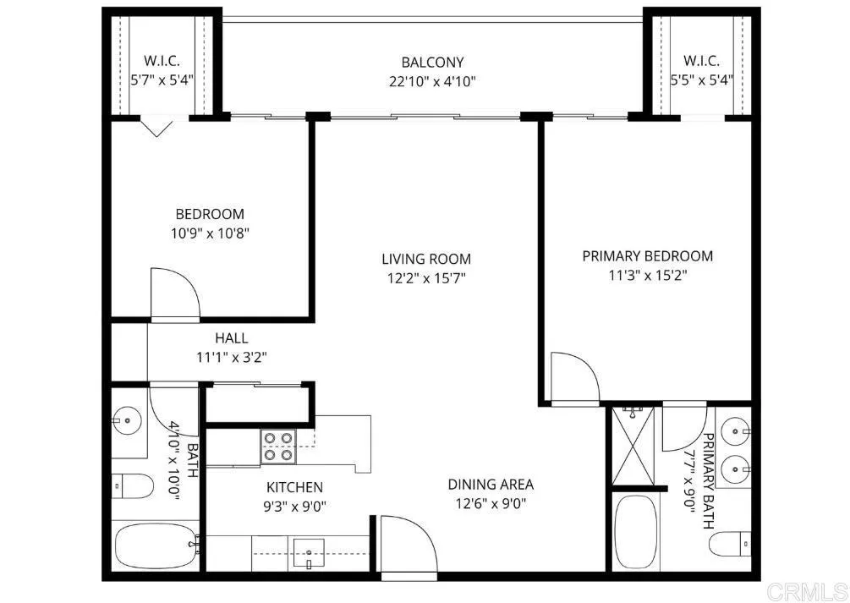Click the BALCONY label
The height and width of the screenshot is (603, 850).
point(432,63)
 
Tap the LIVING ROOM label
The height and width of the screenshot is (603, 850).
point(425,259)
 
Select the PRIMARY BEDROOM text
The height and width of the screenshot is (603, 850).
point(647,255)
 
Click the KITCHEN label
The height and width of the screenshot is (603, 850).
point(294,487)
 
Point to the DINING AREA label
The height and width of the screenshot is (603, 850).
point(491,485)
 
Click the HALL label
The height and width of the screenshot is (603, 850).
point(231,338)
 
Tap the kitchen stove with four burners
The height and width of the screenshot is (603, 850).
point(279,446)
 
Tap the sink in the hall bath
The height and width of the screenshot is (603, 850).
point(129,418)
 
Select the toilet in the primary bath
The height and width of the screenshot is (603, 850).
point(730,544)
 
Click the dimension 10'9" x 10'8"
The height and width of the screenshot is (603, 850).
point(209,232)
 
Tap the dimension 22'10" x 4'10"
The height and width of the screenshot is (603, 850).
point(432,81)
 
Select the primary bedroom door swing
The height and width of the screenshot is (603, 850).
point(573,377)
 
